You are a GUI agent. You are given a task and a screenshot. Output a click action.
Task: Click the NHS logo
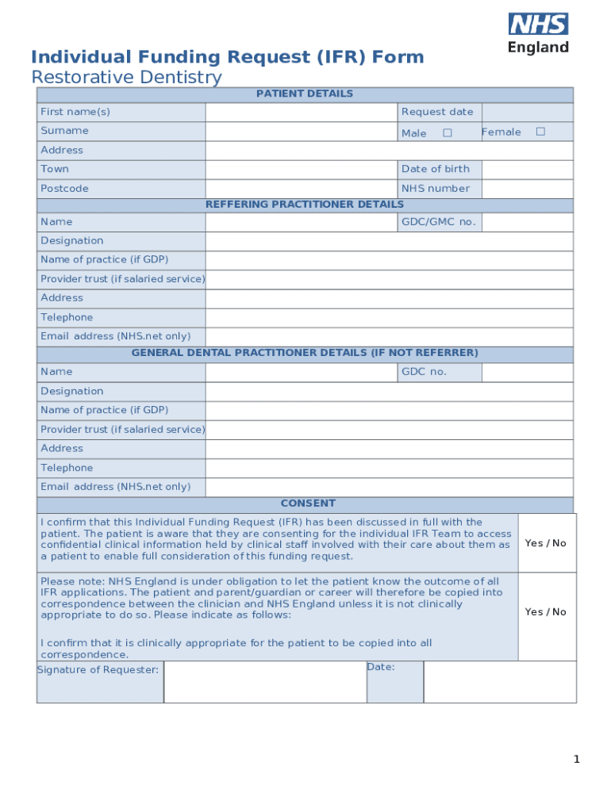pyautogui.click(x=539, y=25)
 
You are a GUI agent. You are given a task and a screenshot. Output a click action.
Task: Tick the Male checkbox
pyautogui.click(x=448, y=132)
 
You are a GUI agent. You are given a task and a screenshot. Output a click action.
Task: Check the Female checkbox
pyautogui.click(x=540, y=132)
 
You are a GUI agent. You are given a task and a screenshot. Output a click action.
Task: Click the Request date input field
pyautogui.click(x=527, y=112)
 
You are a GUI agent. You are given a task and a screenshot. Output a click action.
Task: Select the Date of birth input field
pyautogui.click(x=527, y=169)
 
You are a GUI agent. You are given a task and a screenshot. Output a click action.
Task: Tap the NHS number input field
pyautogui.click(x=527, y=189)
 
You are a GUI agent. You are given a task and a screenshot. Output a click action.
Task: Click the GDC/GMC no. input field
pyautogui.click(x=527, y=222)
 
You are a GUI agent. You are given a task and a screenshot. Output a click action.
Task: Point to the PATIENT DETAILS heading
pyautogui.click(x=305, y=94)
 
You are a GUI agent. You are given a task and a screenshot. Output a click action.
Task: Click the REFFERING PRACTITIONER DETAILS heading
pyautogui.click(x=305, y=205)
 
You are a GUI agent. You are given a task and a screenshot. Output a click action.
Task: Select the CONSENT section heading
pyautogui.click(x=308, y=504)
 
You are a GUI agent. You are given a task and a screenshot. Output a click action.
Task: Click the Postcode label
pyautogui.click(x=65, y=189)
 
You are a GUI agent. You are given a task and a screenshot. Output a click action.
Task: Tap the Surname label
pyautogui.click(x=65, y=131)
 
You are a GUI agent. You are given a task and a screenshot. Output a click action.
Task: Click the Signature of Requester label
pyautogui.click(x=98, y=670)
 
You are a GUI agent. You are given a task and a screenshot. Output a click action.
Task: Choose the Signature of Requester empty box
pyautogui.click(x=265, y=682)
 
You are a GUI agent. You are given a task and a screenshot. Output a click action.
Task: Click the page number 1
pyautogui.click(x=578, y=760)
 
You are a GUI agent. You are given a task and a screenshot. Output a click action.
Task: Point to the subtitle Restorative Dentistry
pyautogui.click(x=126, y=78)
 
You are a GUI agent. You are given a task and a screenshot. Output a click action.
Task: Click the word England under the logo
pyautogui.click(x=539, y=48)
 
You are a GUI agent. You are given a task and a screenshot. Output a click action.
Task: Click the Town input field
pyautogui.click(x=302, y=170)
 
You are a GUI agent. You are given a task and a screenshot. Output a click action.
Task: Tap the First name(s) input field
pyautogui.click(x=302, y=112)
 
